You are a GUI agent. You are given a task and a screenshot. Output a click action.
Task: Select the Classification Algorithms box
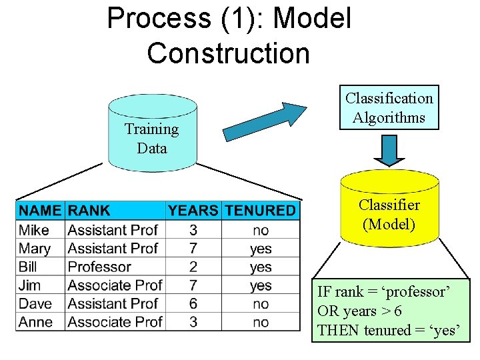[389, 108]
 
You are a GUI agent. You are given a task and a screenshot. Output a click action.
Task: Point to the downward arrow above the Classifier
[389, 149]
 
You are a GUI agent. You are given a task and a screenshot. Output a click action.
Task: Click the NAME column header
[40, 211]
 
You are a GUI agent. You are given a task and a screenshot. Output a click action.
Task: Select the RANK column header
[89, 211]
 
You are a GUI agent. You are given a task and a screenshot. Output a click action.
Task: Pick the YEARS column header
[193, 211]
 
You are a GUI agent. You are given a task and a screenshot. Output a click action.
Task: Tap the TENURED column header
[260, 211]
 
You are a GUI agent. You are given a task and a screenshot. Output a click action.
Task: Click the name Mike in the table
[34, 230]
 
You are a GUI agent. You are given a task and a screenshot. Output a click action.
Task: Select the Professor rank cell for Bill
[100, 267]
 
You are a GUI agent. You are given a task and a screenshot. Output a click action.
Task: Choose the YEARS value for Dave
[193, 304]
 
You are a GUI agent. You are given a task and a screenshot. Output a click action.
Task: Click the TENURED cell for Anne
[261, 323]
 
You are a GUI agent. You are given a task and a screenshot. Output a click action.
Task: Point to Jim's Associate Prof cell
[115, 285]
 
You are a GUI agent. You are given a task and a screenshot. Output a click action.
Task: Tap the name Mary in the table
[35, 249]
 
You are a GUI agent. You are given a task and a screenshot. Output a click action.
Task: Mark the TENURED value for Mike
[261, 230]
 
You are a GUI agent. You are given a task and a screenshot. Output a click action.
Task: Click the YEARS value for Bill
[193, 267]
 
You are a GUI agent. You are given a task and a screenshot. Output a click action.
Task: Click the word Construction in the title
[229, 53]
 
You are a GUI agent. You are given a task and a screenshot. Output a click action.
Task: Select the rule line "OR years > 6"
[359, 311]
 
